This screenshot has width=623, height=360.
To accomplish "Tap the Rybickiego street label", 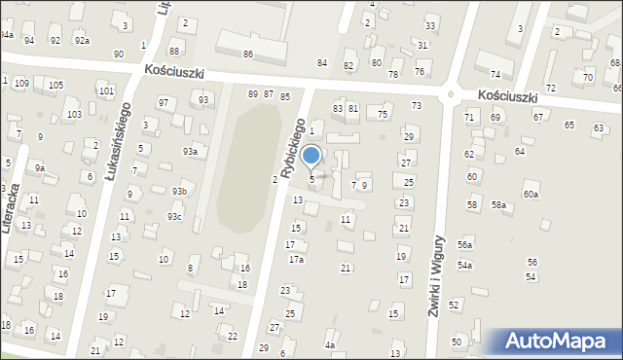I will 294,148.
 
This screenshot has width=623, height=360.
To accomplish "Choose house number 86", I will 248,54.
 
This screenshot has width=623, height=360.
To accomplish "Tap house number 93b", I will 179,192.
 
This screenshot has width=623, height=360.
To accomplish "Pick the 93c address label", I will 173,216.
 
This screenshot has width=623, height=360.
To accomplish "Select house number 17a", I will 296,260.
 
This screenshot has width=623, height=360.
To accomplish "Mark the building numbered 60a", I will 531,195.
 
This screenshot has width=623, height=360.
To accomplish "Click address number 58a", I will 498,205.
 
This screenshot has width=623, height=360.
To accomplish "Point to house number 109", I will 21,84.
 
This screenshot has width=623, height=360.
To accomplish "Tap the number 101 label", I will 105,90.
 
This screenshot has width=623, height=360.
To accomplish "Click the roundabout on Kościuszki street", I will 450,95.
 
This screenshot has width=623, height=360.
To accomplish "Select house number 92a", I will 83,40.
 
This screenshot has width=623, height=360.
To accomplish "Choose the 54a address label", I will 465,266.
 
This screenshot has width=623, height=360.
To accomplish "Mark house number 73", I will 416,105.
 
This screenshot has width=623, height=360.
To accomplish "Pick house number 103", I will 74,115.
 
